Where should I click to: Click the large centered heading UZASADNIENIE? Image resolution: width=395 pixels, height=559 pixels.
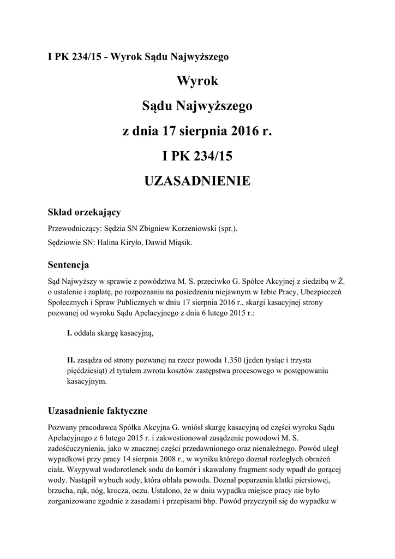pos(197,181)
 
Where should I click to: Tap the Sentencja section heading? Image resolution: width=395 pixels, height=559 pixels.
pos(69,266)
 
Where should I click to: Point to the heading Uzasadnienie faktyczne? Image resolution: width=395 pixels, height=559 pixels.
pos(98,409)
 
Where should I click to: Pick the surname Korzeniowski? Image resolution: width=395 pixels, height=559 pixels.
pos(189,229)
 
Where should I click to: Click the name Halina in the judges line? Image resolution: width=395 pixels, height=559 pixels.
pos(109,243)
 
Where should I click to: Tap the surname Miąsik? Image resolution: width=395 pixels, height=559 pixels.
pos(178,243)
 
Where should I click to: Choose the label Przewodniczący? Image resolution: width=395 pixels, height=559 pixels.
pos(75,229)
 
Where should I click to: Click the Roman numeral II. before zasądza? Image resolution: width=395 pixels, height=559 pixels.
pos(71,361)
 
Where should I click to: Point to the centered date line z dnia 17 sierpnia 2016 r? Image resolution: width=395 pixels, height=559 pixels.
pos(197,131)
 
